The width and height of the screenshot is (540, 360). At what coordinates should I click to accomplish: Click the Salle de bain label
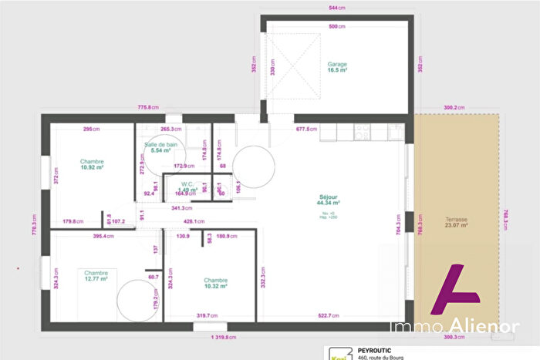pos(160,144)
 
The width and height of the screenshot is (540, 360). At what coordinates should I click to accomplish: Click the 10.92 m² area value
pos(92,167)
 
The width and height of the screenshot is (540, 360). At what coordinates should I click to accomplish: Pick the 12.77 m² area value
pos(96,279)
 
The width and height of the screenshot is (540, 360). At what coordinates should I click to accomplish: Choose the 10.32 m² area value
pos(216,287)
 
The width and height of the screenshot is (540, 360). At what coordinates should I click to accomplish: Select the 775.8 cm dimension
pos(148,107)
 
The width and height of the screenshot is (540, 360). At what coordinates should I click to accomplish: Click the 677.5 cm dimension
pos(306,130)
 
